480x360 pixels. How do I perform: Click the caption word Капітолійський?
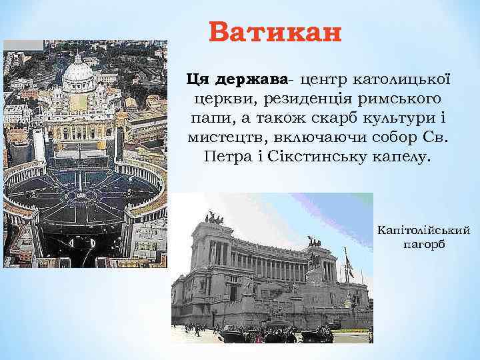click(424, 231)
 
